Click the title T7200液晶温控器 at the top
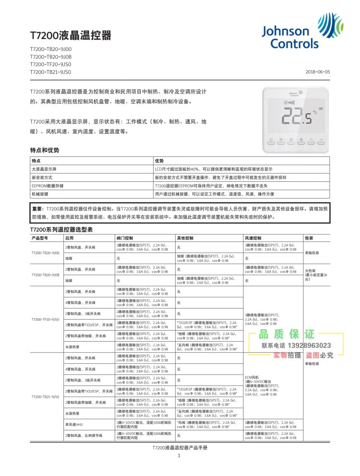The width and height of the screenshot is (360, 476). pos(70,36)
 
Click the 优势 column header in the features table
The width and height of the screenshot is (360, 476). pos(159,161)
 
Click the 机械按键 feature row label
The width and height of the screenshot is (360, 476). pos(40,193)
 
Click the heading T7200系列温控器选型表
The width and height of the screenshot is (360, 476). pos(61,230)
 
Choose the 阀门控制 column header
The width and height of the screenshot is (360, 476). pos(125,238)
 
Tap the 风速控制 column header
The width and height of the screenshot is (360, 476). pos(253,238)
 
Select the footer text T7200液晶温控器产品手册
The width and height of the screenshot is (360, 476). pos(179,447)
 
